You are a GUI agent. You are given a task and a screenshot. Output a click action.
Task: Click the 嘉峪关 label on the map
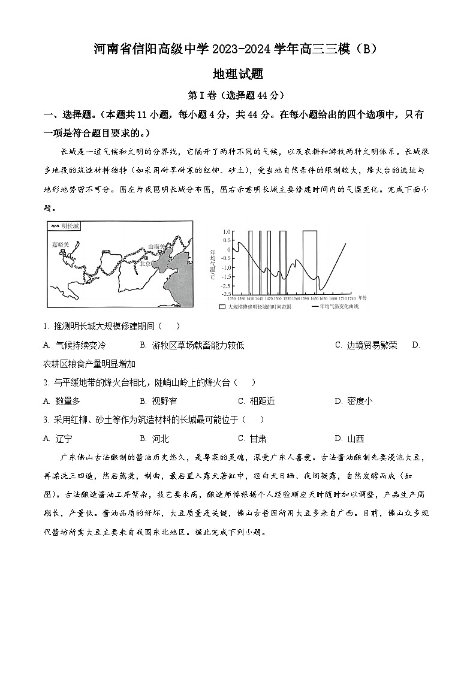pos(61,245)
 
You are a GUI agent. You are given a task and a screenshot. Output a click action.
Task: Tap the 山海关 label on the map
pos(157,246)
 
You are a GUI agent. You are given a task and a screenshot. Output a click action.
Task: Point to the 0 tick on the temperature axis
pos(229,249)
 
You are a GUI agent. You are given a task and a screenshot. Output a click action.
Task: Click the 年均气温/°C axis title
pos(213,264)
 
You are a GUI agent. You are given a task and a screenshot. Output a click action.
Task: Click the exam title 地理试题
pos(238,74)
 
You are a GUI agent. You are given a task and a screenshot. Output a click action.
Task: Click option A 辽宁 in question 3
pos(57,438)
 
